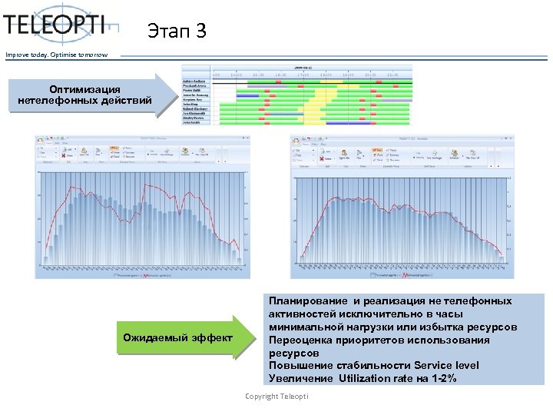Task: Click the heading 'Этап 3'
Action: pos(177,32)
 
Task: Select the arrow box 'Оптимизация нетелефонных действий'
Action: pos(84,96)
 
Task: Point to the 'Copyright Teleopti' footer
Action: pos(276,396)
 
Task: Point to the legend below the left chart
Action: pos(142,274)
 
